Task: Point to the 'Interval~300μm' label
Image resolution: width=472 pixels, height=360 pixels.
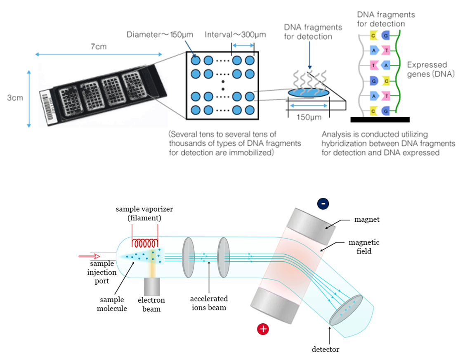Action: click(x=235, y=34)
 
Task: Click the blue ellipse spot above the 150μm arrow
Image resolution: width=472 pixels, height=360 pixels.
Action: click(x=309, y=93)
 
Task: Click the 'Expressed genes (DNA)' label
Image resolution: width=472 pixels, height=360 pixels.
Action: click(x=431, y=70)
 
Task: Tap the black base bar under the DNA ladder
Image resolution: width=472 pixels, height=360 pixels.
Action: click(x=380, y=120)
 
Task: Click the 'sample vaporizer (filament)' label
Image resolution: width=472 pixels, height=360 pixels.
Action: click(x=144, y=213)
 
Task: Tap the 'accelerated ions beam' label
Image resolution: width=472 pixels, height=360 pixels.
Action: click(x=209, y=303)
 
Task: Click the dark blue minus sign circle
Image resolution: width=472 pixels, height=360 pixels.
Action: click(x=323, y=203)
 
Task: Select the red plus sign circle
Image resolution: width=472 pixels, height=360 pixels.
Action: click(x=263, y=329)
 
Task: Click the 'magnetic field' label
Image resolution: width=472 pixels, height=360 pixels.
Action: click(x=364, y=246)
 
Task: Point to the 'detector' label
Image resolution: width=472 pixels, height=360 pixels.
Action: click(x=326, y=349)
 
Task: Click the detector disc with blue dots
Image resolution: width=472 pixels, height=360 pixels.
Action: click(x=346, y=311)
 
